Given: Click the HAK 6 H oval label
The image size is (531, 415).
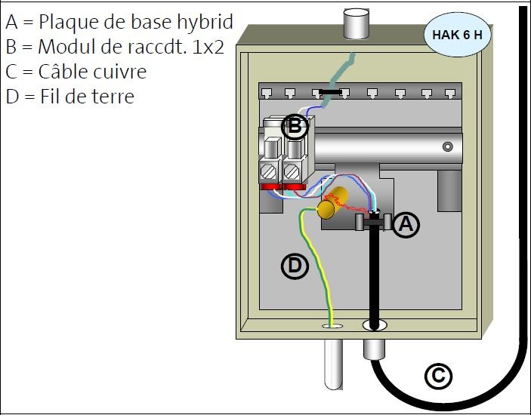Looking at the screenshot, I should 457,35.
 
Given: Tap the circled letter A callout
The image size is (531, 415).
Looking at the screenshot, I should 406,225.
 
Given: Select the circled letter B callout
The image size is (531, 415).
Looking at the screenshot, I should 295,126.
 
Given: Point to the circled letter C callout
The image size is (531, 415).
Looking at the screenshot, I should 438,376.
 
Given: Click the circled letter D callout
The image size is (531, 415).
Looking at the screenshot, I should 294,265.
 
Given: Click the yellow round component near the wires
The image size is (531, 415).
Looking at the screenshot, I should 327,209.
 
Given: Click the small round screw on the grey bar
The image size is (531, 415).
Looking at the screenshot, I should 448,146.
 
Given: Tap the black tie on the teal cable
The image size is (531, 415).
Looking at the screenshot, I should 329,92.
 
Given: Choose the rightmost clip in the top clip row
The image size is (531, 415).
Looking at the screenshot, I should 450,94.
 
